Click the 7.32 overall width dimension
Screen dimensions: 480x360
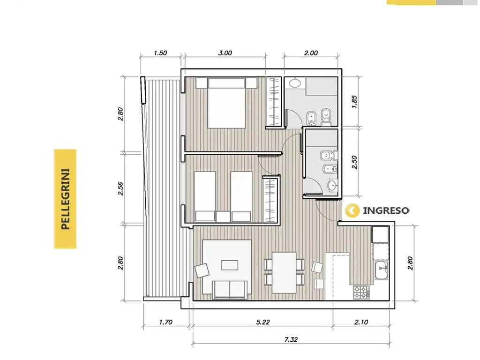(x=291, y=339)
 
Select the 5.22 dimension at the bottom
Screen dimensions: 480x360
(x=263, y=322)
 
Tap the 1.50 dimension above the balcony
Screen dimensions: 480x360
(x=160, y=53)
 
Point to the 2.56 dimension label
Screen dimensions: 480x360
(x=120, y=188)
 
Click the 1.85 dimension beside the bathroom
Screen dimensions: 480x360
(x=354, y=102)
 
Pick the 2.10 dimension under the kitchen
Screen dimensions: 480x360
(x=361, y=322)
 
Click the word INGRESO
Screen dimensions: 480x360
(x=386, y=210)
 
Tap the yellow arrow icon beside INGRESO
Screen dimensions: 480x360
(x=352, y=210)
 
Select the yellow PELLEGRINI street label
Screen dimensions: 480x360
(x=65, y=199)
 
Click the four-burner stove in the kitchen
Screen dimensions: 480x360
(x=361, y=292)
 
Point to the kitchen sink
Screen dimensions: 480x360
(x=382, y=270)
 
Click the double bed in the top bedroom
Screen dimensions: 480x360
(x=226, y=103)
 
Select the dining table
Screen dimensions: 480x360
(x=284, y=272)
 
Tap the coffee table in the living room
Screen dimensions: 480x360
(x=230, y=265)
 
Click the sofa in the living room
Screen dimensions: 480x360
(x=230, y=290)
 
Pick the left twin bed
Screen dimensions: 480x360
(x=205, y=196)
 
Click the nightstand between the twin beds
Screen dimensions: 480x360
(x=223, y=217)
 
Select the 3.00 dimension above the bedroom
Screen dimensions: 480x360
(x=225, y=53)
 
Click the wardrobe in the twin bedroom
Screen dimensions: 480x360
(x=270, y=200)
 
